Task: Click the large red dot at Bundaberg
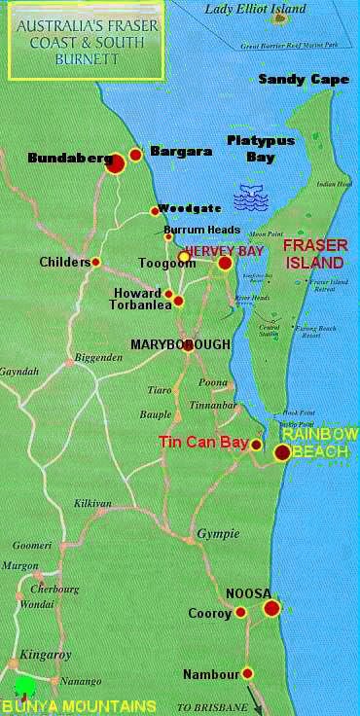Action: click(115, 163)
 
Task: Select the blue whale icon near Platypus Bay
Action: click(251, 199)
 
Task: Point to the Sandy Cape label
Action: click(304, 79)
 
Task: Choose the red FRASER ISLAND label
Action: click(312, 255)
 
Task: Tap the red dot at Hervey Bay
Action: click(225, 263)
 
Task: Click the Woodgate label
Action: click(184, 207)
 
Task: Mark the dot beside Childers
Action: click(95, 262)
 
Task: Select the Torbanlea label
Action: click(138, 305)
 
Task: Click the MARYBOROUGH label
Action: click(181, 344)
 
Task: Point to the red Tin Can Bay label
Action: click(203, 444)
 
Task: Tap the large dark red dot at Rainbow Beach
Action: click(282, 452)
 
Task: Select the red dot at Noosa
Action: click(271, 608)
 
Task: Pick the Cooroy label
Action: click(210, 613)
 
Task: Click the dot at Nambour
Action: click(248, 672)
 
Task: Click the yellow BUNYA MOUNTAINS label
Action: click(78, 705)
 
